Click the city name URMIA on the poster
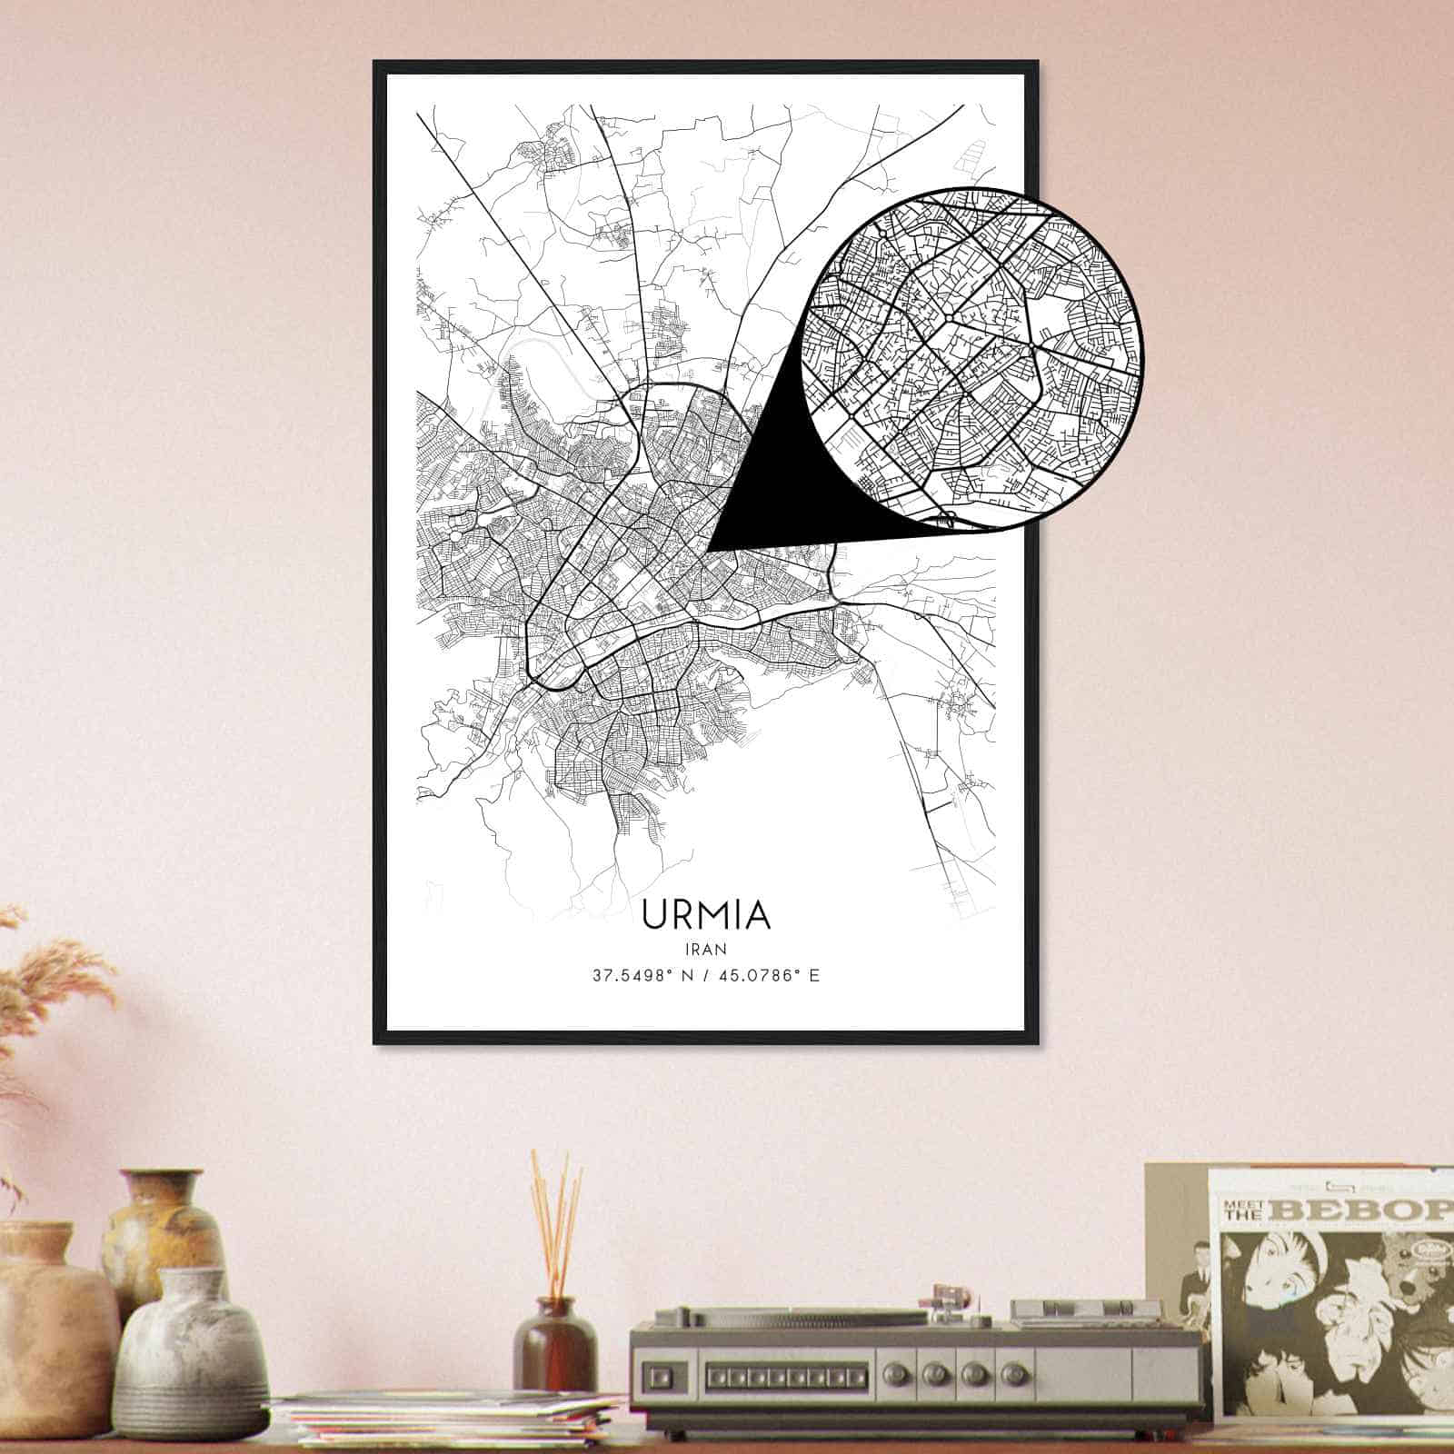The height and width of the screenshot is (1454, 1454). tap(706, 915)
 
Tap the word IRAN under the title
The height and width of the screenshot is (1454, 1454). tap(706, 948)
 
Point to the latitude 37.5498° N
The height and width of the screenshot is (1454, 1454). tap(640, 977)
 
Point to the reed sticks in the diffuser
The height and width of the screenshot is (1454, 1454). tap(556, 1218)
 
